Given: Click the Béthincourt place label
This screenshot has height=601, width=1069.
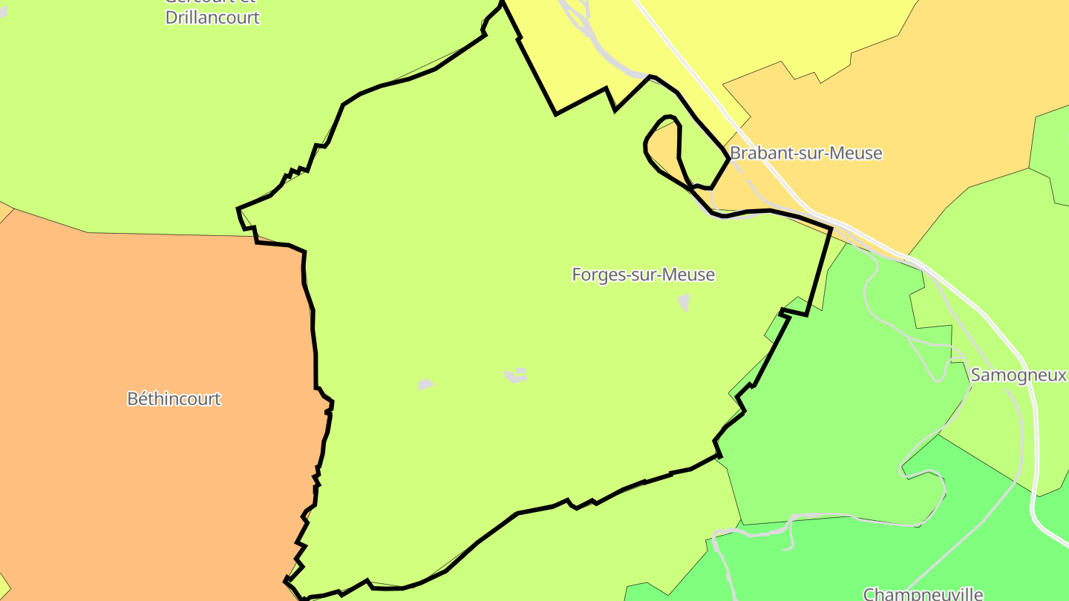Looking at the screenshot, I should click(174, 399).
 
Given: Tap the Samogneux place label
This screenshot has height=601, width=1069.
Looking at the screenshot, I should click(1018, 375).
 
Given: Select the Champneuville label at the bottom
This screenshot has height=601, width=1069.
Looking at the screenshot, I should click(923, 594).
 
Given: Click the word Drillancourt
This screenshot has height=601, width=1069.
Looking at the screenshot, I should click(212, 18).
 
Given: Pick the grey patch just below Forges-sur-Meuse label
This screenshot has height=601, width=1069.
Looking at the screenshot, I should click(684, 301).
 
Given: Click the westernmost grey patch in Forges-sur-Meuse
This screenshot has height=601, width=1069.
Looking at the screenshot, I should click(425, 384).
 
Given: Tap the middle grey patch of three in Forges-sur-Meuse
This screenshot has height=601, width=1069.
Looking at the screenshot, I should click(516, 375).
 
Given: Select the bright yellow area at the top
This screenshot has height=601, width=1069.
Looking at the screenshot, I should click(742, 37).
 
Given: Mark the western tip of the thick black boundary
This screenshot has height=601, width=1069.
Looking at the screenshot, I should click(238, 209).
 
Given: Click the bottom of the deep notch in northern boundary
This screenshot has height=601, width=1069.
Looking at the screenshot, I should click(555, 114).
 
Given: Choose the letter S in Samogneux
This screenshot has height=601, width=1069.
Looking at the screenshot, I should click(976, 375).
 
